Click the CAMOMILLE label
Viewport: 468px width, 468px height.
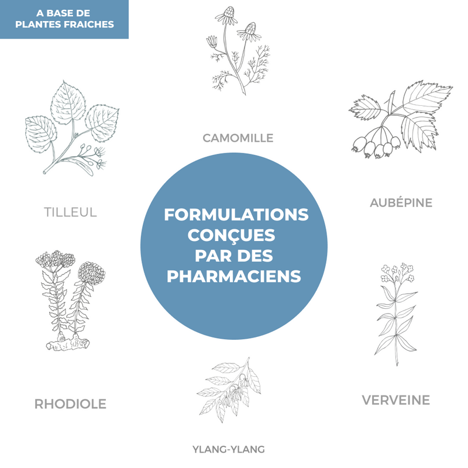pos(238,138)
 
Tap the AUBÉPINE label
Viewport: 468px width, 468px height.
pos(401,203)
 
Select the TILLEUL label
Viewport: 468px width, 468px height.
pos(70,212)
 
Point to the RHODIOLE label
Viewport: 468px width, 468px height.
pos(70,404)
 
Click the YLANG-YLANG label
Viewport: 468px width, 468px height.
pos(229,449)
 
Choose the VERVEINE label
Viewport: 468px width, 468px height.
pos(396,400)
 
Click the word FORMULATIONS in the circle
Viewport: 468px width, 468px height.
pos(236,215)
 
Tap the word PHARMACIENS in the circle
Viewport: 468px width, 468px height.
pos(233,276)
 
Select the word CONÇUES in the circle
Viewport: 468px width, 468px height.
pos(231,236)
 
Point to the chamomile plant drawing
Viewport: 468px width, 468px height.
pos(238,51)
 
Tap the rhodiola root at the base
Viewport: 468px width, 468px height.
pos(67,342)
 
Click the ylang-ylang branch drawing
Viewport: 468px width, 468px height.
pos(229,390)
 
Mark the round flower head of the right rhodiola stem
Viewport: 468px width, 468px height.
pos(91,273)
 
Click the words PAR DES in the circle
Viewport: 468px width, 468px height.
pos(233,256)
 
